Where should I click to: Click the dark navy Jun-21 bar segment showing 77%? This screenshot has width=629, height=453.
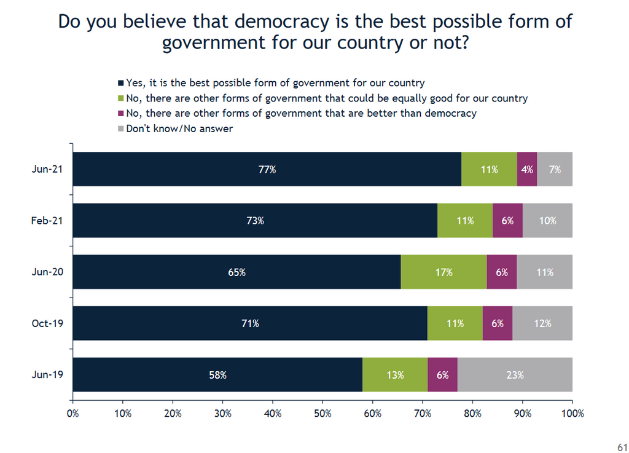point(267,169)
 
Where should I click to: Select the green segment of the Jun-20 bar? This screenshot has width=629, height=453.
point(443,272)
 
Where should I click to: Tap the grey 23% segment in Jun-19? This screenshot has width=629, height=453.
point(515,374)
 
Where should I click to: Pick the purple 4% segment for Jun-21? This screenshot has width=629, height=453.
point(527,169)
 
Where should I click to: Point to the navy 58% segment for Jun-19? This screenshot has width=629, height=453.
point(217,374)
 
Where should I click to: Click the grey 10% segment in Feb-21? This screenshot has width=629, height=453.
point(547,220)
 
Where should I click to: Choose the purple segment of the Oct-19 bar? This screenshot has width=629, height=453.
point(498,323)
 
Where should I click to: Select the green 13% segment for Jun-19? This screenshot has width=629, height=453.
point(395,374)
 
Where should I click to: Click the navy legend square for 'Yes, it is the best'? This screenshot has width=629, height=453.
point(121,82)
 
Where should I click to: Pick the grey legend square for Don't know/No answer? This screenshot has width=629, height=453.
point(121,129)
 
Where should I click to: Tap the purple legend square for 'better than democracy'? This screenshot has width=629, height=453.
point(121,114)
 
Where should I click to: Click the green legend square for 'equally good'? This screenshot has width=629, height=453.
point(121,98)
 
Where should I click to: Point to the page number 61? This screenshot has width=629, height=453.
point(622,446)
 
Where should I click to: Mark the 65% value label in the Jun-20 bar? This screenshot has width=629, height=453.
point(236,272)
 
